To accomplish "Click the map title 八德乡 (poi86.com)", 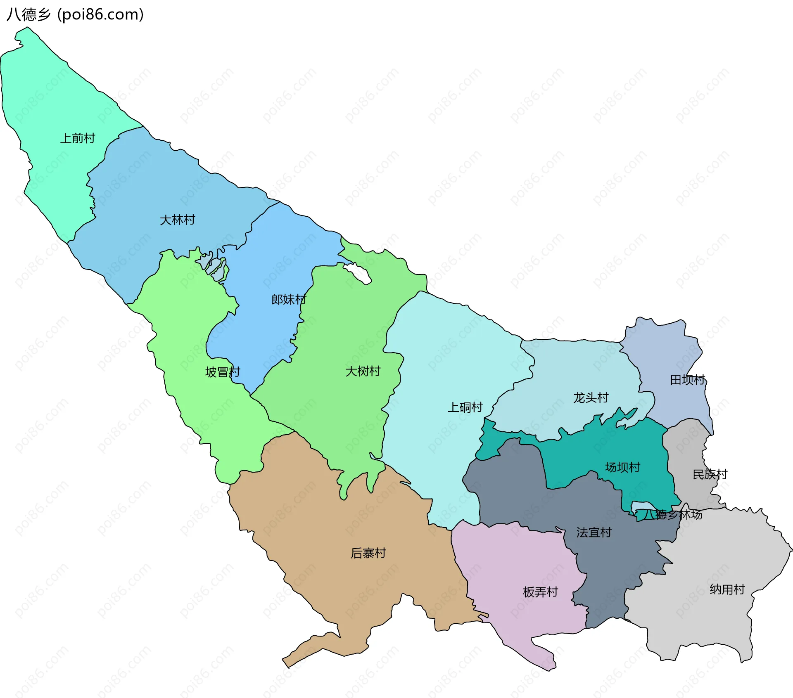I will (75, 14).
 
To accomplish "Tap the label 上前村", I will (78, 138).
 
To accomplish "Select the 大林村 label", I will (177, 220).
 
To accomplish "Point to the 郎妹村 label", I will (288, 299).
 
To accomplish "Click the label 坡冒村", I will (222, 372).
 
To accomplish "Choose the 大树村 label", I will (363, 371).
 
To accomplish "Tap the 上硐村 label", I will (465, 407).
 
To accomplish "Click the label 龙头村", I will (591, 398).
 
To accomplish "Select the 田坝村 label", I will (687, 379).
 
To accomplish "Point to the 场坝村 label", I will (622, 467).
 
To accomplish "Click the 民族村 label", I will (710, 474).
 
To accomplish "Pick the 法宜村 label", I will (594, 532).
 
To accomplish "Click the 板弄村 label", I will (540, 592).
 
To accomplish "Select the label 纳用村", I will (727, 589).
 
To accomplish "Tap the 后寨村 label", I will (368, 553).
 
